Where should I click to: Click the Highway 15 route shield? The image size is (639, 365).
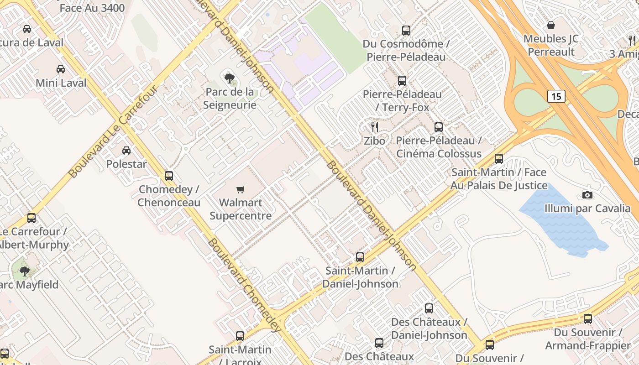tap(556, 96)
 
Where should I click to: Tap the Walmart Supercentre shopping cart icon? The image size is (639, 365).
tap(240, 189)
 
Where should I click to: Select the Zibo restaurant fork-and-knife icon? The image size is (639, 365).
tap(375, 127)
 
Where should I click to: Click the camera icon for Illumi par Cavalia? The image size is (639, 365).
tap(587, 195)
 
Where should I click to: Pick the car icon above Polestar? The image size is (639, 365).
tap(126, 151)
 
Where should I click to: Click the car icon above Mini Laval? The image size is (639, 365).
tap(61, 69)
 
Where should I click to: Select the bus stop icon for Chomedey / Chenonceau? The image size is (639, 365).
tap(169, 176)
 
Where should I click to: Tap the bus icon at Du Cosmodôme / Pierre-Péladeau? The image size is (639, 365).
tap(406, 31)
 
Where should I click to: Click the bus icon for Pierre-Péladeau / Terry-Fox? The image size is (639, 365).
tap(402, 81)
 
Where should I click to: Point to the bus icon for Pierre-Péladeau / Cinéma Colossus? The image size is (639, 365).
tap(439, 127)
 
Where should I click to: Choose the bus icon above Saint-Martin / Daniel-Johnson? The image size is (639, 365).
tap(360, 257)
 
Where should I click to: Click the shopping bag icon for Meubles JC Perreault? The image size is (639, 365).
tap(551, 25)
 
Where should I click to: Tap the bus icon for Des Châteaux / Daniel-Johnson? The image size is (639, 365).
tap(429, 308)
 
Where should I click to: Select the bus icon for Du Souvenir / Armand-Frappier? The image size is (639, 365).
tap(588, 319)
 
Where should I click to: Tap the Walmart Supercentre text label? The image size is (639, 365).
tap(241, 209)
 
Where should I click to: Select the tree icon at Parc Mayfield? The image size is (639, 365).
tap(25, 272)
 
